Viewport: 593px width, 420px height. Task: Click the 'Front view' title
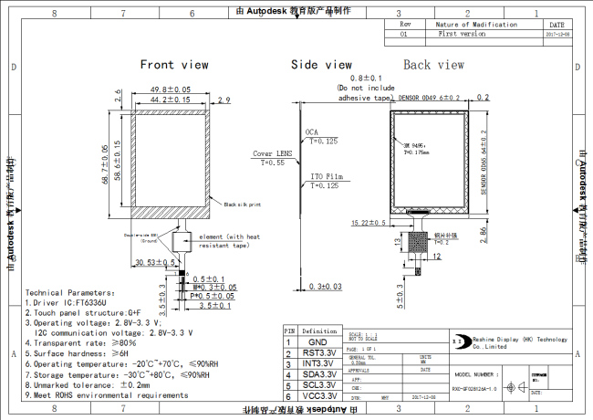click(x=173, y=65)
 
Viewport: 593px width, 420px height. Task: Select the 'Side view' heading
click(x=321, y=65)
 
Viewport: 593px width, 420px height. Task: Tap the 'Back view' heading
click(x=433, y=65)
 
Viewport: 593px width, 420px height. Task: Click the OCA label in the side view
click(x=312, y=131)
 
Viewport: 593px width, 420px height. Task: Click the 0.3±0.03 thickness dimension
click(x=325, y=286)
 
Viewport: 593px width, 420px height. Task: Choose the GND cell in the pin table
click(x=317, y=341)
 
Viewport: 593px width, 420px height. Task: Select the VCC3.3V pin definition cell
click(x=317, y=397)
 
